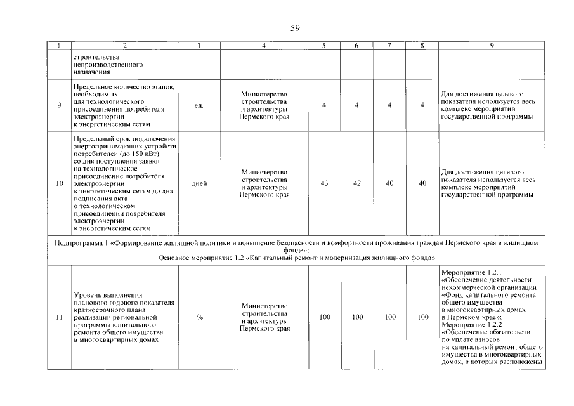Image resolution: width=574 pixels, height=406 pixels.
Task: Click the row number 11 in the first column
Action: [x=59, y=317]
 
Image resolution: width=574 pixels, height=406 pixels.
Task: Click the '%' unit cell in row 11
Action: [x=199, y=317]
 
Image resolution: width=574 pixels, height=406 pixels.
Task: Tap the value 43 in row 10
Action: [x=324, y=183]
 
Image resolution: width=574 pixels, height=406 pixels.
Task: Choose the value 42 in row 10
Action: [x=357, y=183]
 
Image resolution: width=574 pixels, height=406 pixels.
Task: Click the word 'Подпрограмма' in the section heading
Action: [x=77, y=242]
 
